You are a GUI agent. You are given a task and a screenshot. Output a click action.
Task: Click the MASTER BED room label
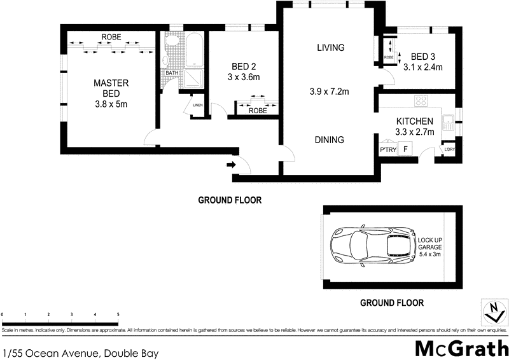click(x=111, y=88)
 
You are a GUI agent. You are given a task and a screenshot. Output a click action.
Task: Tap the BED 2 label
click(x=244, y=67)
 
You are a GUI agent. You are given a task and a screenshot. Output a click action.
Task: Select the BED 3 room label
click(x=422, y=56)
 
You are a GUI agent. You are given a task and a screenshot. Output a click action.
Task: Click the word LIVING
click(x=330, y=48)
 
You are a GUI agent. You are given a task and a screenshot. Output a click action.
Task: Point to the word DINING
click(x=330, y=140)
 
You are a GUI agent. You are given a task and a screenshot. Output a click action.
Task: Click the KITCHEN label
click(x=414, y=121)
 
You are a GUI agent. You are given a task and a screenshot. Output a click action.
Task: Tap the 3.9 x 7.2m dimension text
click(x=330, y=92)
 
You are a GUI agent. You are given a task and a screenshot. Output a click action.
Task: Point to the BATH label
click(x=172, y=73)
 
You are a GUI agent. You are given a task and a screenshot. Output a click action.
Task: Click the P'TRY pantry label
click(x=387, y=150)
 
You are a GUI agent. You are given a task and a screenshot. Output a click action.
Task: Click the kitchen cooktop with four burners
click(x=422, y=100)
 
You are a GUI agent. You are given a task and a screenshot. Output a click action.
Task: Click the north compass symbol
click(x=491, y=312)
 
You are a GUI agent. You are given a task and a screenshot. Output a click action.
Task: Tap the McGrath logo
click(x=461, y=348)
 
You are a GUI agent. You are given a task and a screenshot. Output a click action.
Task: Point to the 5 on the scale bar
click(x=118, y=315)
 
